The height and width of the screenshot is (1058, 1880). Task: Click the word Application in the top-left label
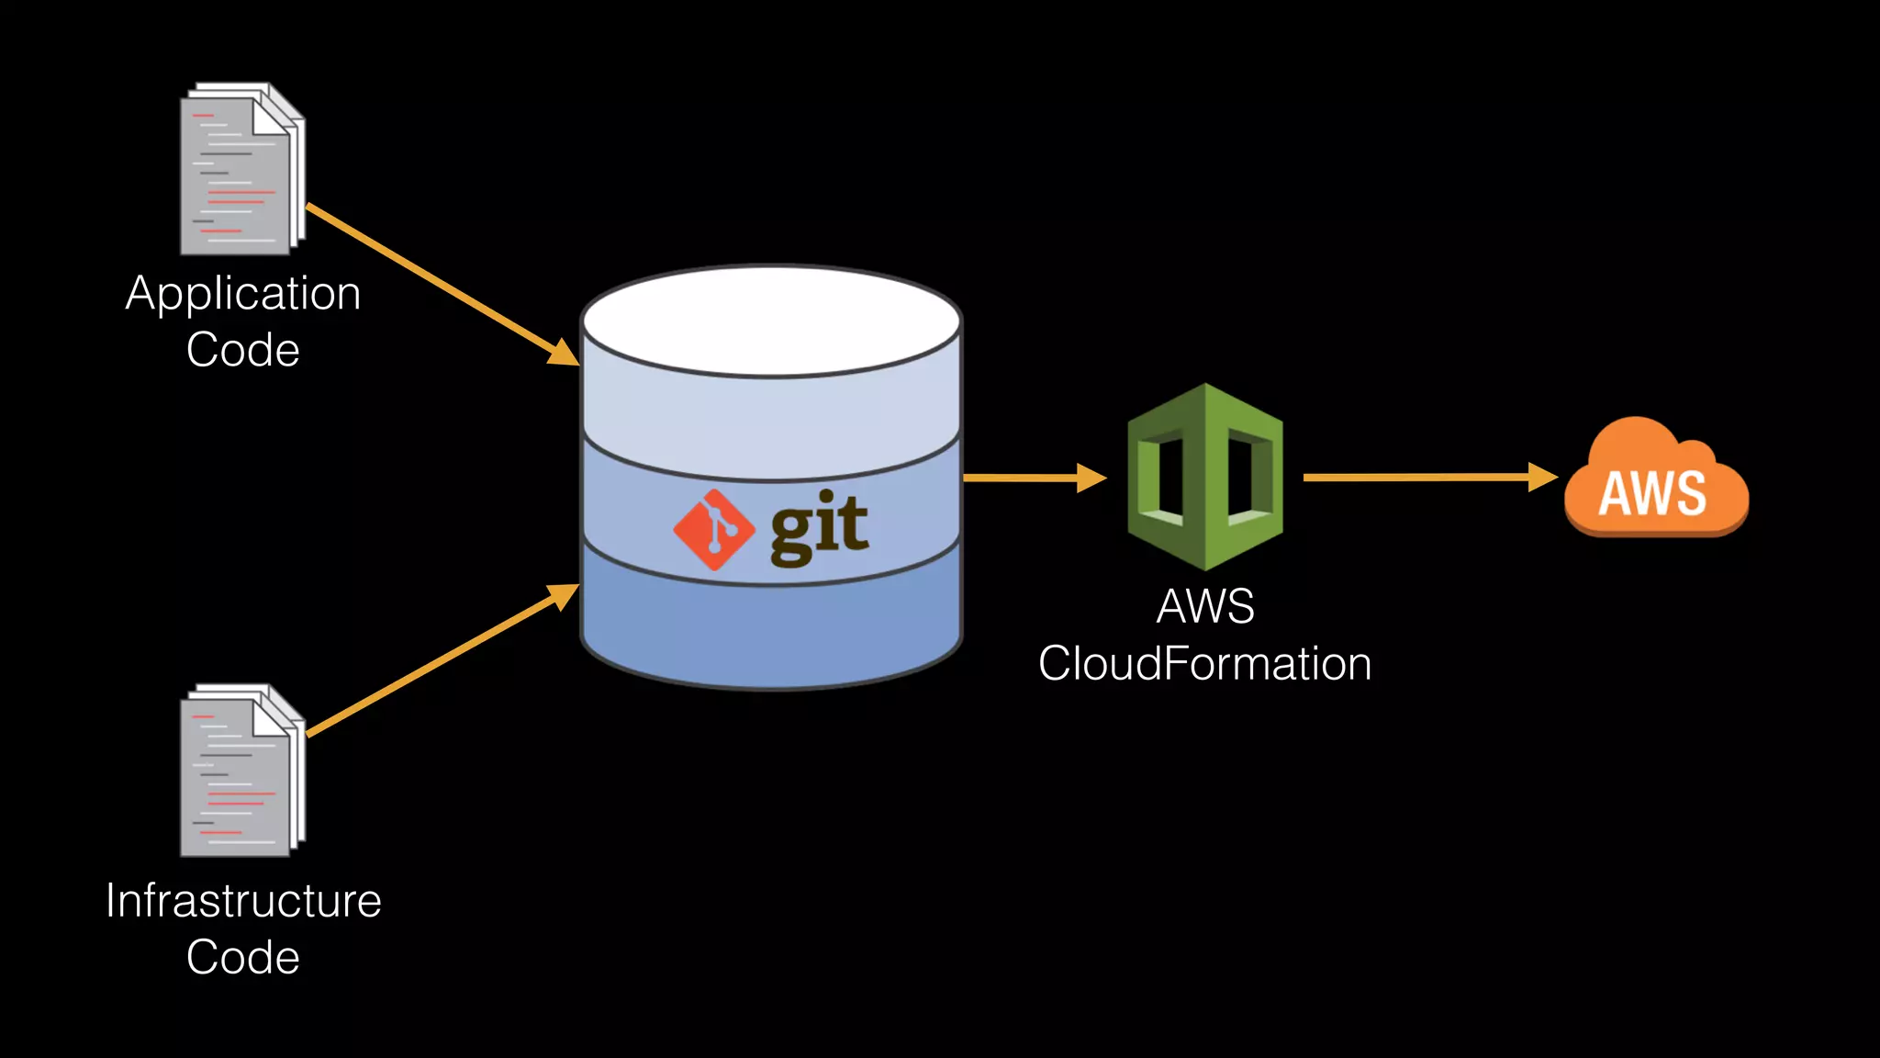243,295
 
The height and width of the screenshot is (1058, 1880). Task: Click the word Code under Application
243,351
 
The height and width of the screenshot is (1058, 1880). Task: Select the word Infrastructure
243,901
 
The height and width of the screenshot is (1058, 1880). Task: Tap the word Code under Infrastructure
243,958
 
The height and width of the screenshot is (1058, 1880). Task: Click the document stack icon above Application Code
241,171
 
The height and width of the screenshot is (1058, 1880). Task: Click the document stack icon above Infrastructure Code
241,772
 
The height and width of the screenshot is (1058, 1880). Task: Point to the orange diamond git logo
713,530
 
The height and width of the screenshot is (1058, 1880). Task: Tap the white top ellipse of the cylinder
771,321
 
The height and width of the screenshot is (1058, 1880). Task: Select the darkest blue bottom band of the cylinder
771,634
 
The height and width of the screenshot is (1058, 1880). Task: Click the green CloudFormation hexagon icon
1204,477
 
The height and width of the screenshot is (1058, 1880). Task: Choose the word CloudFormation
1204,664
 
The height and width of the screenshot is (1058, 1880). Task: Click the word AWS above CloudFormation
1204,607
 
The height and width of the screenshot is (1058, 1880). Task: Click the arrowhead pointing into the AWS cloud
1543,477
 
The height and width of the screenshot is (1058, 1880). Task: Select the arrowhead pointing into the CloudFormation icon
1091,478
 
